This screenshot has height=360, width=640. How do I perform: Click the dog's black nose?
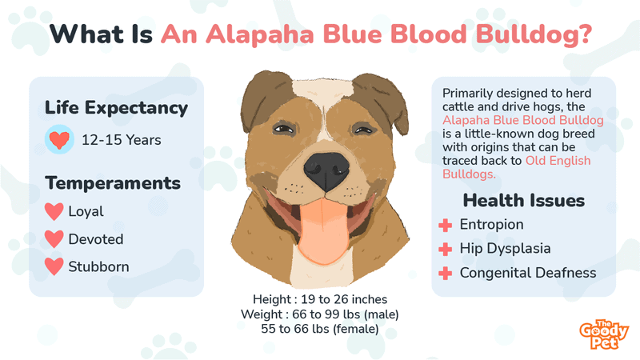click(326, 170)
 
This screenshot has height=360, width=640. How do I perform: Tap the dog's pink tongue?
click(323, 230)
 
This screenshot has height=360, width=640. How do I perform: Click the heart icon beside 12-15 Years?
click(59, 139)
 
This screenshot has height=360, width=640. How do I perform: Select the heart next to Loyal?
click(54, 211)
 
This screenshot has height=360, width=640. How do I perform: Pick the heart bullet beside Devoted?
click(54, 239)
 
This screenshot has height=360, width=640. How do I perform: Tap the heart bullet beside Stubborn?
click(54, 266)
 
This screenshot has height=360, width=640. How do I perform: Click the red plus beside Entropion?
click(446, 225)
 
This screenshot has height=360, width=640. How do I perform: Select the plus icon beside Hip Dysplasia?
click(446, 249)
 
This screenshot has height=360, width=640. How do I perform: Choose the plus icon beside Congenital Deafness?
click(446, 273)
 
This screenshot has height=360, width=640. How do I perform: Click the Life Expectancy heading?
click(116, 108)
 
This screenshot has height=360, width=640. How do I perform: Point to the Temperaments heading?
click(113, 183)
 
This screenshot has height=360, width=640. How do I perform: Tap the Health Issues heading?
click(524, 201)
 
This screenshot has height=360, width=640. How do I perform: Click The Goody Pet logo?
click(604, 334)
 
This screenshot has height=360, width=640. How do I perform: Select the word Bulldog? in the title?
click(534, 35)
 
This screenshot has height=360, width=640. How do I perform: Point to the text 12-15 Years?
click(122, 140)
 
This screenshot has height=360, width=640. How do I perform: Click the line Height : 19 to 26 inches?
click(320, 299)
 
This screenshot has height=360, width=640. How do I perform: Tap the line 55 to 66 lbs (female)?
click(320, 329)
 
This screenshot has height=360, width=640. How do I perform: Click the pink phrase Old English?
click(558, 161)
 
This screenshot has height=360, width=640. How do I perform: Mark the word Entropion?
click(491, 225)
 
